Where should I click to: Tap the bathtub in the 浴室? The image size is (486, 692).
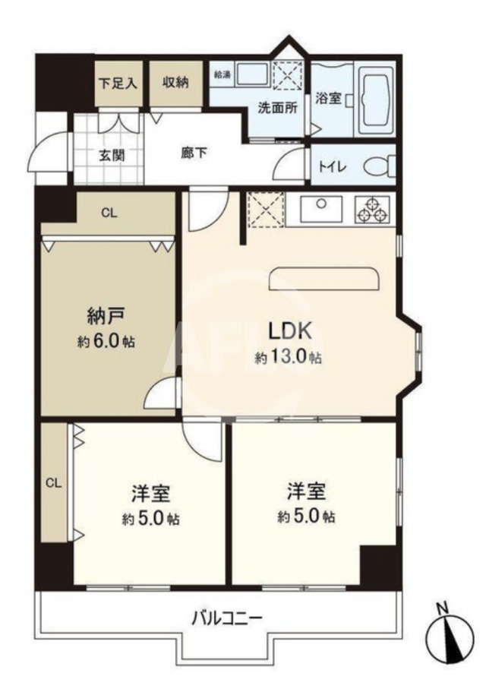click(376, 100)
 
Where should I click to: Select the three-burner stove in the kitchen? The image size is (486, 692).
click(373, 209)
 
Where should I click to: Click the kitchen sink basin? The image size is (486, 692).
click(321, 209)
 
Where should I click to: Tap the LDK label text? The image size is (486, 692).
click(291, 331)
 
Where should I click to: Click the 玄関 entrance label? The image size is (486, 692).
click(111, 155)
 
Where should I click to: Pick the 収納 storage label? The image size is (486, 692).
click(175, 83)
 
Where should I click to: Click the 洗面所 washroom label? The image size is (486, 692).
click(277, 108)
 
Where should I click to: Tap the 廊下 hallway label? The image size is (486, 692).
click(194, 153)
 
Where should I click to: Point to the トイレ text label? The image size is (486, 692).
click(333, 167)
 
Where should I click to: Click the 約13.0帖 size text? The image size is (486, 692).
click(288, 357)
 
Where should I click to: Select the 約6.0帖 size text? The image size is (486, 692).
click(106, 341)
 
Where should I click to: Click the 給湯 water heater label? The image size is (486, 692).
click(222, 74)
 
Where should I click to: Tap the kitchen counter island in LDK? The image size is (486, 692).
click(324, 279)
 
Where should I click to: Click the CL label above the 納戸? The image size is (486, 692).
click(109, 213)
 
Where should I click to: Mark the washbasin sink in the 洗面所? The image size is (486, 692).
click(252, 74)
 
